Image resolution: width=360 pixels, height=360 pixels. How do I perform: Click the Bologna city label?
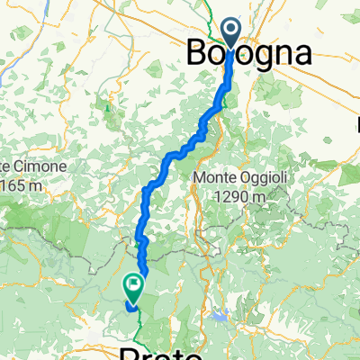249,53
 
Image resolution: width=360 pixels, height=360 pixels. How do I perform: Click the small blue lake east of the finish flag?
219,315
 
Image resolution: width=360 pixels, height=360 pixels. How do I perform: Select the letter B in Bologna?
198,53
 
